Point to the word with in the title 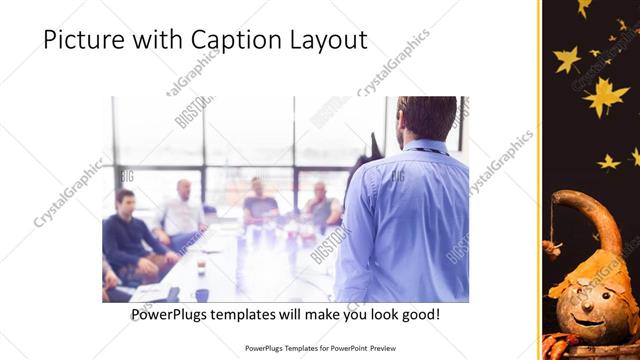157,41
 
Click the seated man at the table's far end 259,199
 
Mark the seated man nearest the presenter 321,205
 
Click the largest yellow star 606,96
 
